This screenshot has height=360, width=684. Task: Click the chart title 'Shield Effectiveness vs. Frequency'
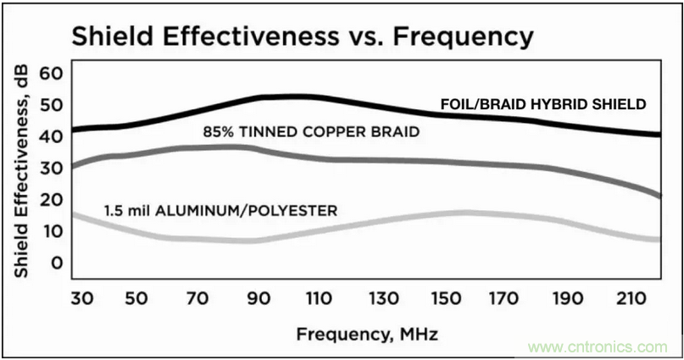pyautogui.click(x=302, y=36)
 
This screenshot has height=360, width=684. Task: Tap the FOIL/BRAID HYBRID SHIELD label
pyautogui.click(x=543, y=104)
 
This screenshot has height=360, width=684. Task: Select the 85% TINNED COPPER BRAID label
pyautogui.click(x=312, y=132)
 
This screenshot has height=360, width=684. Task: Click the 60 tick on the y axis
pyautogui.click(x=53, y=74)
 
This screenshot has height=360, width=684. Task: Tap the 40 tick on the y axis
pyautogui.click(x=53, y=136)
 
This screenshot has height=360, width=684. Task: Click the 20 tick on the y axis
pyautogui.click(x=53, y=199)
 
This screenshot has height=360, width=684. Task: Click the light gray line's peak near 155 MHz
pyautogui.click(x=462, y=212)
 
